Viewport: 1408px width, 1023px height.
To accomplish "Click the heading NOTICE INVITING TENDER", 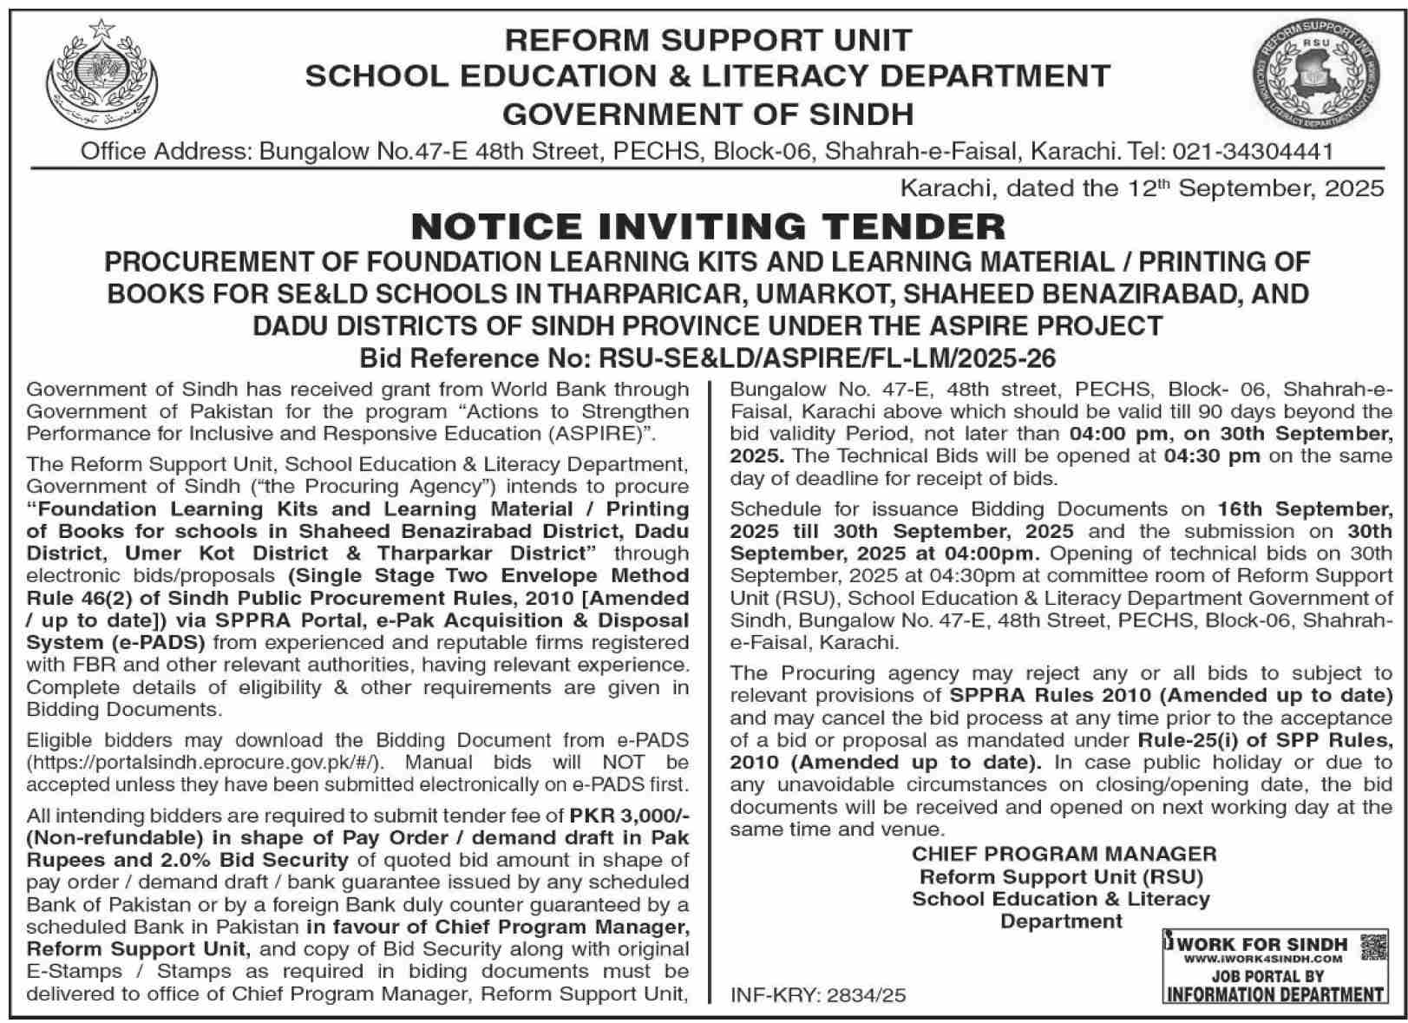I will (x=707, y=227).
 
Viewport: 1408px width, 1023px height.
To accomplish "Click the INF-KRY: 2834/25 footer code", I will (x=818, y=995).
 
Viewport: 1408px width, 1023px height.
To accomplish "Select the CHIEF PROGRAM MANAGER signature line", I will (x=1064, y=854).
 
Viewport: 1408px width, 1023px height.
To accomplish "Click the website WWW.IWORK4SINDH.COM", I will (x=1262, y=959).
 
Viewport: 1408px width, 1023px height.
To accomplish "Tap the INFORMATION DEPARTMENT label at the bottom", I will (x=1274, y=994).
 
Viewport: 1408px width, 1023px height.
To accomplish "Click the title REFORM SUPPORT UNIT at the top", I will (x=708, y=40).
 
